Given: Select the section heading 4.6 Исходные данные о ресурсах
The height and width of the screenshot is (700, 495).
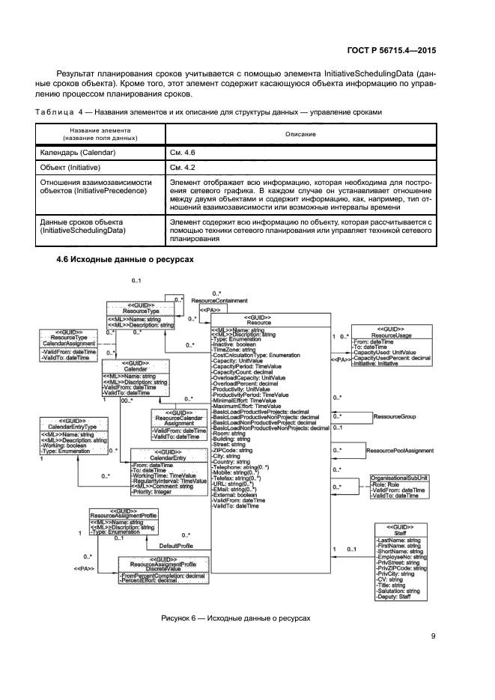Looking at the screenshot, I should pyautogui.click(x=125, y=259).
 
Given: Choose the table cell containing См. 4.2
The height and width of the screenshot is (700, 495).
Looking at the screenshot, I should pyautogui.click(x=182, y=166).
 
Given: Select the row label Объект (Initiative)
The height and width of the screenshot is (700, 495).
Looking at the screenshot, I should pyautogui.click(x=72, y=166).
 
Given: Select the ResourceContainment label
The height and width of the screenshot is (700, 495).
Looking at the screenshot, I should pyautogui.click(x=219, y=299).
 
